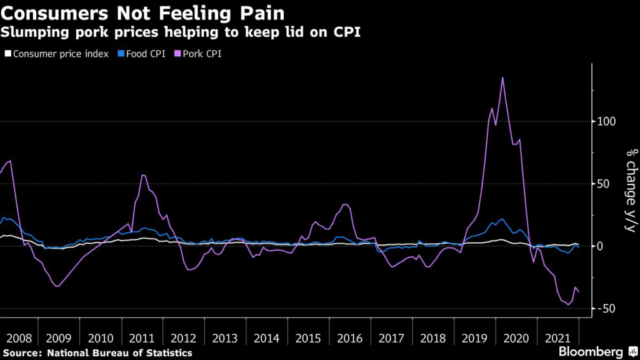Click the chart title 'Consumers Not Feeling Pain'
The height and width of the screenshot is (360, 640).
point(142,13)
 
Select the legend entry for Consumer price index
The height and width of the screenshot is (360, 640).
point(57,54)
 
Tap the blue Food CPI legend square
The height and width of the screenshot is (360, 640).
point(121,54)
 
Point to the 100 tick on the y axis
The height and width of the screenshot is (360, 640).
point(606,122)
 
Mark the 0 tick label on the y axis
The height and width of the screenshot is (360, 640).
point(600,246)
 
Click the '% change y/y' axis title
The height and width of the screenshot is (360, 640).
point(631,190)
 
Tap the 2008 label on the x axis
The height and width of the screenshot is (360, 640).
point(19,338)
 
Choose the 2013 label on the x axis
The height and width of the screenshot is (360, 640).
point(224,338)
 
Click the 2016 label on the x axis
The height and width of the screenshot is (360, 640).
point(349,338)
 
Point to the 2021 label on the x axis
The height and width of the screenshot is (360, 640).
point(557,338)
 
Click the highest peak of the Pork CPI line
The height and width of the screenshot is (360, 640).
point(502,77)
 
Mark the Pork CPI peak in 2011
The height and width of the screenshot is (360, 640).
point(143,175)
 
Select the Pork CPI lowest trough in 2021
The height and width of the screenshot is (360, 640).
point(568,304)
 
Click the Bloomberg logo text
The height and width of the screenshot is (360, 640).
point(591,351)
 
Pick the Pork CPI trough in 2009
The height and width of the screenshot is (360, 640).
point(57,286)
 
